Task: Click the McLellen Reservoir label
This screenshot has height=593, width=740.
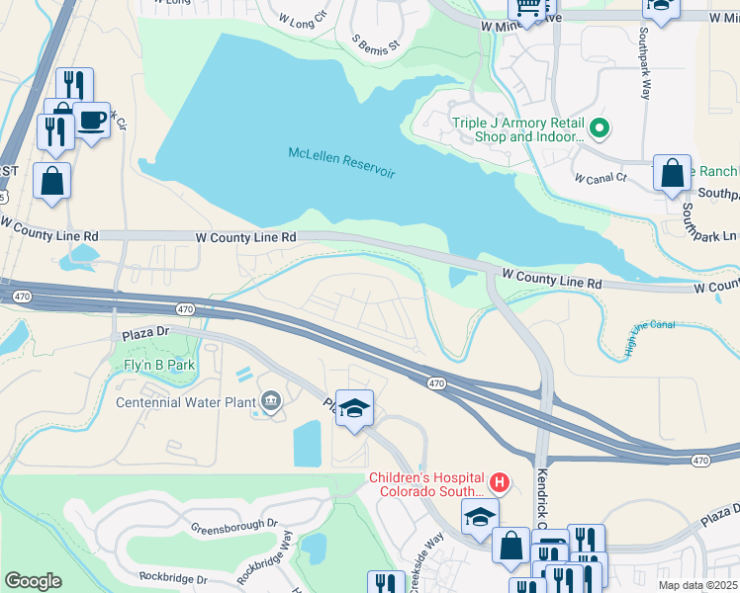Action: tap(341, 163)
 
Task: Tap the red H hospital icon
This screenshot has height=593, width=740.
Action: tap(500, 482)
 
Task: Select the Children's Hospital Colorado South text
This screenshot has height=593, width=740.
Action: tap(427, 484)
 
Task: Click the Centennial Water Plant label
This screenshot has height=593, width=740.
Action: tap(185, 401)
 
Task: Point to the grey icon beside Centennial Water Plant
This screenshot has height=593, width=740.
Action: tap(269, 400)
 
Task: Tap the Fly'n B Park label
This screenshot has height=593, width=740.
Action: tap(153, 365)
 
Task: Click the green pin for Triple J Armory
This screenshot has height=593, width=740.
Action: tap(599, 128)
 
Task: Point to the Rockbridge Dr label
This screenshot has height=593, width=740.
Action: tap(173, 577)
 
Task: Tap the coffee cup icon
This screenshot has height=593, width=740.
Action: tap(92, 120)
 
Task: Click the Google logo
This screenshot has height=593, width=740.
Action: tap(33, 580)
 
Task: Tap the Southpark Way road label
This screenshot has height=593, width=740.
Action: tap(644, 73)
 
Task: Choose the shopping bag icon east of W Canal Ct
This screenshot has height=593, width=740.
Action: tap(672, 172)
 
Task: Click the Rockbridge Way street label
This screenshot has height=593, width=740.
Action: tap(286, 552)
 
